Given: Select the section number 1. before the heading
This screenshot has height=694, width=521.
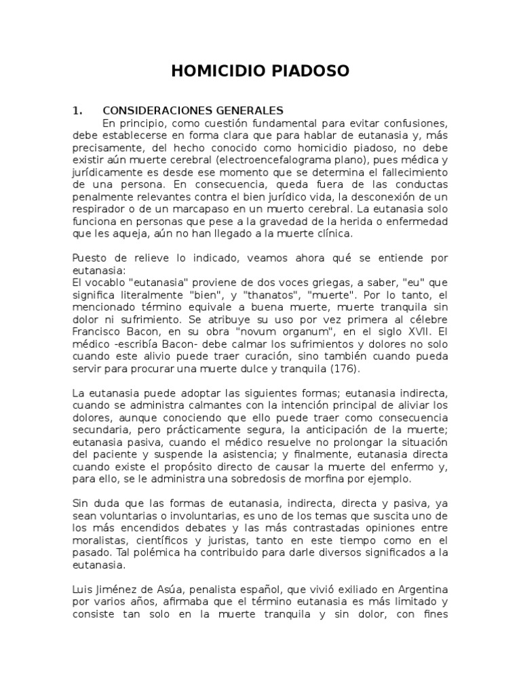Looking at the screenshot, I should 77,110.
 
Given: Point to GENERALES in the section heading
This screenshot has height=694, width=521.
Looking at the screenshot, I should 248,110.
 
